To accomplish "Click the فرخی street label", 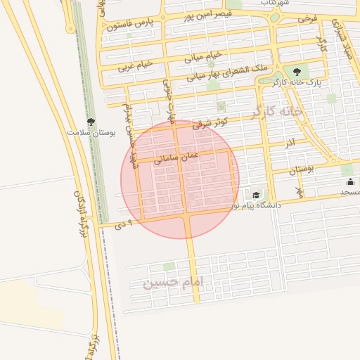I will pyautogui.click(x=307, y=17).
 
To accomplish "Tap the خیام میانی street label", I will pyautogui.click(x=203, y=55).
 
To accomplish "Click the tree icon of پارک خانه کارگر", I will pyautogui.click(x=296, y=71).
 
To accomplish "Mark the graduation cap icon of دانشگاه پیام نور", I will pyautogui.click(x=256, y=195).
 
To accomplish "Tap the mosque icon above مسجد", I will pyautogui.click(x=350, y=182).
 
